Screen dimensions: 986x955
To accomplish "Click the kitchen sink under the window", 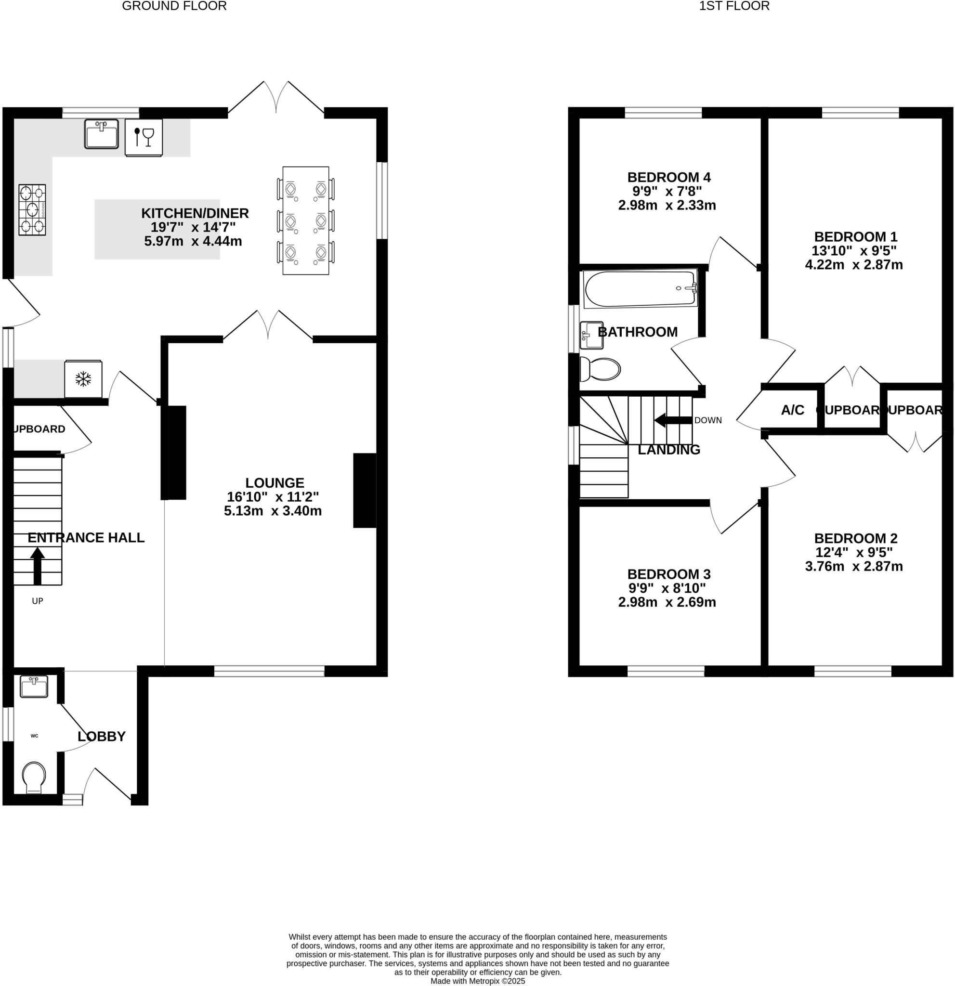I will (x=101, y=134).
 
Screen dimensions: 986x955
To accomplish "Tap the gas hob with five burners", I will (x=32, y=210).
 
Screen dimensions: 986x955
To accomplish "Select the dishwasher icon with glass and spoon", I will (x=144, y=137).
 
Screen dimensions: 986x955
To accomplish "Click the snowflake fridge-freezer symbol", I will (x=83, y=379).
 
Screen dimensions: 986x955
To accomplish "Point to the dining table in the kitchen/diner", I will (x=305, y=221).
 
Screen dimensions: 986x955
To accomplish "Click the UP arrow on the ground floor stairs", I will (x=37, y=565).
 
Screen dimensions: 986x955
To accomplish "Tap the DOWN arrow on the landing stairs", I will (x=673, y=420).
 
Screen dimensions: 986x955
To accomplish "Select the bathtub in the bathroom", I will (x=640, y=289).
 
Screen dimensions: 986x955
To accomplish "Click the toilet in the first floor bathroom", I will (x=600, y=370).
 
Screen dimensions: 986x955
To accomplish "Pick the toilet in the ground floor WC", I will (x=34, y=777).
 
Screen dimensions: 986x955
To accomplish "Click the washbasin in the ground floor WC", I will (x=34, y=686).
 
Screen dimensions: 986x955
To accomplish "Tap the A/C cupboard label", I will (x=793, y=410).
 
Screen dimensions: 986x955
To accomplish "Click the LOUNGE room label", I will (x=275, y=483).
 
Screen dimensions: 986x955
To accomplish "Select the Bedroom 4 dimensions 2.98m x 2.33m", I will (x=667, y=205).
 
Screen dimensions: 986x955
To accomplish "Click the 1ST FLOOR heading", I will (x=734, y=6).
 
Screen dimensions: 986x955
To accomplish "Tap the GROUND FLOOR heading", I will (x=174, y=6).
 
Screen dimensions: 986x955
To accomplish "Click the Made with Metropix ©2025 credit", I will (x=478, y=981).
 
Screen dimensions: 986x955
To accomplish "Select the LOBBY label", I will (x=102, y=737).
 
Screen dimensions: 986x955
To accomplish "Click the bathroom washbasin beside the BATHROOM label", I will (x=591, y=335).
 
